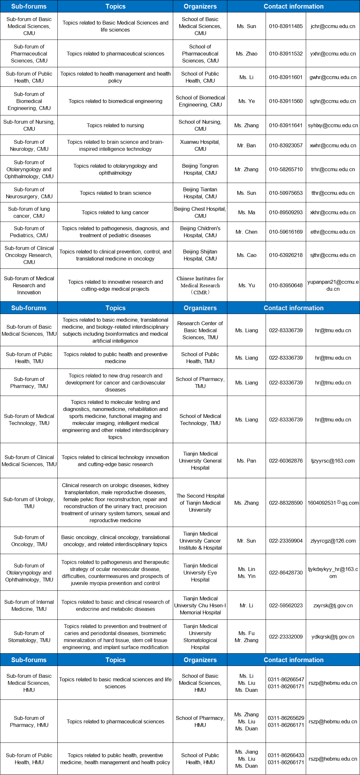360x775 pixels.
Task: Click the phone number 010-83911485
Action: [x=286, y=26]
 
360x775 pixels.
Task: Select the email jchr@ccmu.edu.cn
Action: [x=333, y=26]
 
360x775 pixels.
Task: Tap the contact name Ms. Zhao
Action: [x=246, y=54]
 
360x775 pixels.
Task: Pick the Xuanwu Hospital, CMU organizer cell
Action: [x=200, y=145]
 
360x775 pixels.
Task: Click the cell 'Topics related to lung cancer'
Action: [x=115, y=212]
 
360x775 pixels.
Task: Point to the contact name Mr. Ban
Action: [x=246, y=145]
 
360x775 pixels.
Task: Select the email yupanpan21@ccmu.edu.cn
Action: [x=333, y=285]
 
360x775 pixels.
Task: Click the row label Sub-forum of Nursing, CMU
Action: [x=29, y=125]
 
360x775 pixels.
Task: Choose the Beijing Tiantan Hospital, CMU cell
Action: [x=200, y=193]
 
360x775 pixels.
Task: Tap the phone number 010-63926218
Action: [x=286, y=255]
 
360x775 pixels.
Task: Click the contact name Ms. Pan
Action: [x=246, y=461]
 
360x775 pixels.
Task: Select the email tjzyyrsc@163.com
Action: [x=333, y=461]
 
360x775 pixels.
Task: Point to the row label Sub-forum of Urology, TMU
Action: [x=29, y=503]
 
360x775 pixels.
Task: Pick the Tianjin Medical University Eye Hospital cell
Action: [x=200, y=573]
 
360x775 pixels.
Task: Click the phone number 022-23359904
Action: [x=286, y=541]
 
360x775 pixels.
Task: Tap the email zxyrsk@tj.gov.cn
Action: [x=333, y=605]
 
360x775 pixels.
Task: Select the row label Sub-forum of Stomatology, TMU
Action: [x=29, y=637]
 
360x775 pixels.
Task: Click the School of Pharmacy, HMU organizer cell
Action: [x=200, y=721]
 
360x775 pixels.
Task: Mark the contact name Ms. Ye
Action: [x=246, y=101]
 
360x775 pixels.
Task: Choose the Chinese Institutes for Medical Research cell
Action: [x=200, y=285]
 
